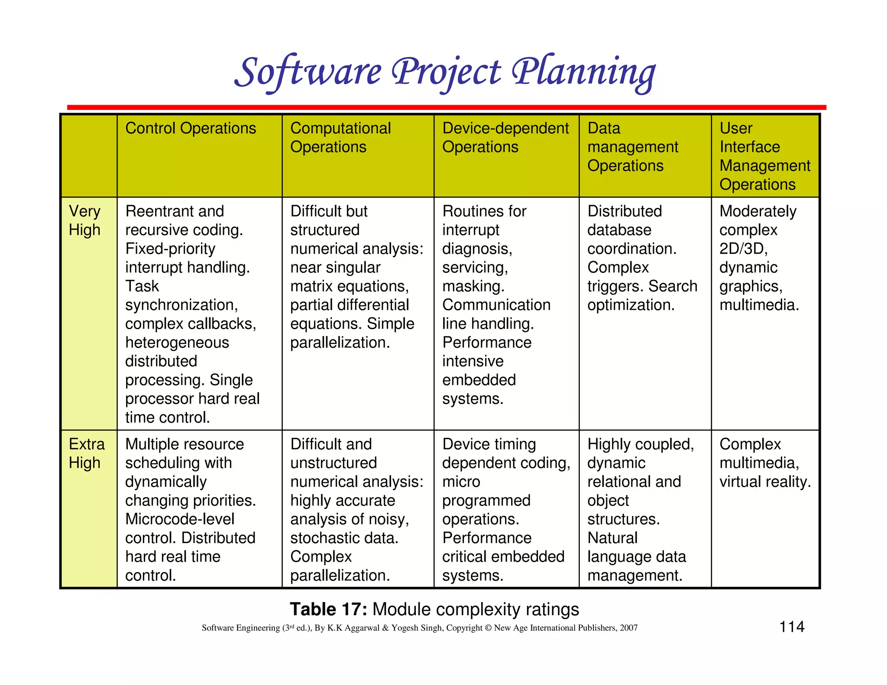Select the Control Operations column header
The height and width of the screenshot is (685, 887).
(x=191, y=129)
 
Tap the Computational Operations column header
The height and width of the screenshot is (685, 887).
(x=340, y=137)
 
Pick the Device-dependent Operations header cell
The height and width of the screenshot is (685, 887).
(x=505, y=137)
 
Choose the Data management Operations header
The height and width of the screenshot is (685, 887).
(x=632, y=147)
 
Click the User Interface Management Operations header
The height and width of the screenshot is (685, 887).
(x=764, y=156)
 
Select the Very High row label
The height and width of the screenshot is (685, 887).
(x=85, y=220)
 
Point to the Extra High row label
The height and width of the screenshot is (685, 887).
(x=87, y=453)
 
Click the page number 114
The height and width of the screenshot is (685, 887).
(x=792, y=627)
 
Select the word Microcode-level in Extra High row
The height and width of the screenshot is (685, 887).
(x=180, y=519)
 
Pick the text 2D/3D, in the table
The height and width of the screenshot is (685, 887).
(x=743, y=249)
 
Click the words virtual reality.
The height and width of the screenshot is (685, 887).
(x=765, y=481)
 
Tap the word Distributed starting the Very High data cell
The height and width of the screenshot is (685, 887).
(x=625, y=211)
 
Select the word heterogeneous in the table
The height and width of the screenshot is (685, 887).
(x=177, y=342)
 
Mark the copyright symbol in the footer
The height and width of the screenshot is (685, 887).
(x=488, y=628)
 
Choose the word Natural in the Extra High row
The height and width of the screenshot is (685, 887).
(x=612, y=538)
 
